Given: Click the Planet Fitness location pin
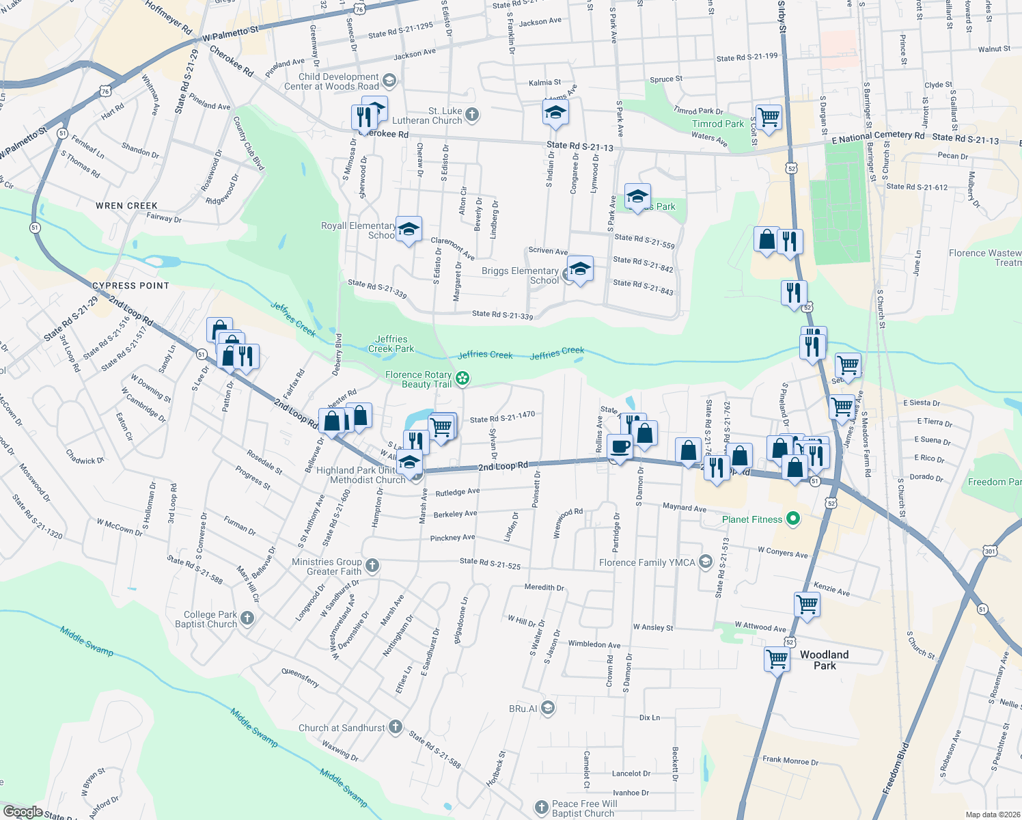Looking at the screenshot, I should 792,519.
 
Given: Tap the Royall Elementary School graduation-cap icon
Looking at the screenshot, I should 409,230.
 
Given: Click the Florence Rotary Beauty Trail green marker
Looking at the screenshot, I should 462,378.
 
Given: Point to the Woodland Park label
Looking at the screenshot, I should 824,660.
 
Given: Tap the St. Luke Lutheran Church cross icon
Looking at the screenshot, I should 472,115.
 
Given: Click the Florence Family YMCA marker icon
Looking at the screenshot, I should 706,562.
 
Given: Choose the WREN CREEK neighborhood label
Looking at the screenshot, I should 127,206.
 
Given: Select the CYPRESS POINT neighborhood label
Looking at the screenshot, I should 130,286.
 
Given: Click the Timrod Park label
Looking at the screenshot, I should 717,124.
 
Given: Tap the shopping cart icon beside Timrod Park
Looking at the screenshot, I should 769,116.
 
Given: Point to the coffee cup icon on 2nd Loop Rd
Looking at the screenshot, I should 620,447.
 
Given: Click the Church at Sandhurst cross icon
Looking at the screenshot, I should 396,727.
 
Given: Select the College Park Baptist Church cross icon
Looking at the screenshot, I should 247,618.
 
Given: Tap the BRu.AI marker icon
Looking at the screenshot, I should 548,708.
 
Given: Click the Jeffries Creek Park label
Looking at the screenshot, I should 391,344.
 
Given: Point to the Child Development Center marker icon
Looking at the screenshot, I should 389,81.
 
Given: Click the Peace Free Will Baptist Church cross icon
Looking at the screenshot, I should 542,808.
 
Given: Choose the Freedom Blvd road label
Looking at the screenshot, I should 897,768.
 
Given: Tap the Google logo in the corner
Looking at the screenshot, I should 23,812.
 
